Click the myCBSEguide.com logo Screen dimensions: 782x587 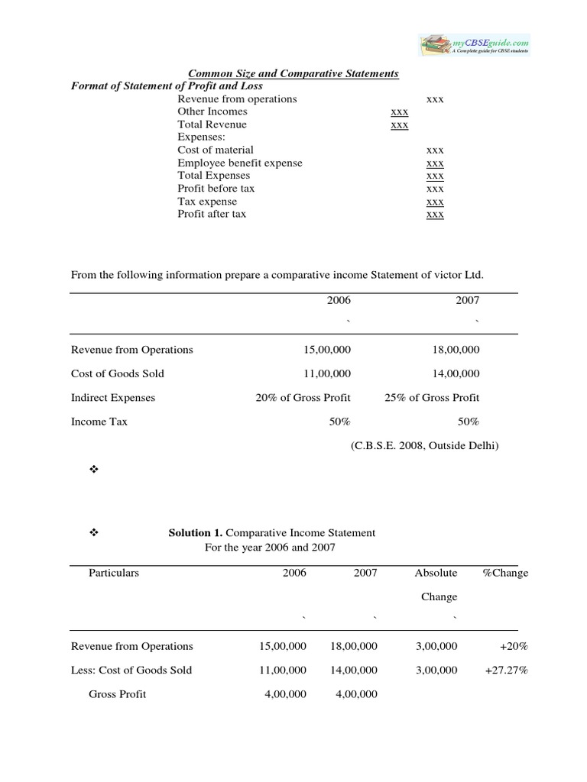coord(474,44)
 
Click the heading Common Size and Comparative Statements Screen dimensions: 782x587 coord(293,74)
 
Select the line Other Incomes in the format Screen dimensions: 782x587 coord(212,111)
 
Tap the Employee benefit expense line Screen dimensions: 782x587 coord(240,163)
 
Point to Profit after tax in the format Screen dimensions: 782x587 coord(212,214)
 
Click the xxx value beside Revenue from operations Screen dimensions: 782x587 coord(435,99)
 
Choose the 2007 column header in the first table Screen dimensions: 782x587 coord(468,301)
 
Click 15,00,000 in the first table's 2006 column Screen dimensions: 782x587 coord(327,350)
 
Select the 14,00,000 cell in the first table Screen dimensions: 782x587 coord(456,373)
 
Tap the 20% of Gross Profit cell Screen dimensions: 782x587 coord(303,397)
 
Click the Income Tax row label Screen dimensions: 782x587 coord(99,422)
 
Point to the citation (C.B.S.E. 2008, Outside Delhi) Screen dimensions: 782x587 coord(424,445)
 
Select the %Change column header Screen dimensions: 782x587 coord(505,573)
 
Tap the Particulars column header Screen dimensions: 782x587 coord(114,573)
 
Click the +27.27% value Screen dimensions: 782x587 coord(506,670)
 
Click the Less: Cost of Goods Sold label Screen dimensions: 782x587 coord(131,670)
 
